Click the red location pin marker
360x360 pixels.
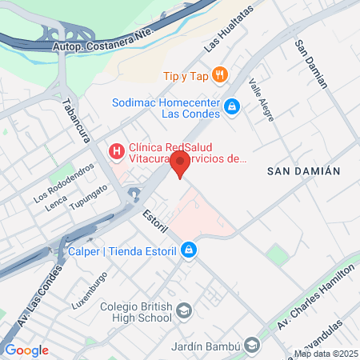pos(180,163)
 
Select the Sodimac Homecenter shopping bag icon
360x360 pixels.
pos(232,106)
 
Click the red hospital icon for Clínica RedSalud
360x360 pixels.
pos(116,150)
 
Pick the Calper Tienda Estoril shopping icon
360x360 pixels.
pos(188,250)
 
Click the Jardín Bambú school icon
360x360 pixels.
pos(252,346)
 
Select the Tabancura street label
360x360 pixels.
pos(75,120)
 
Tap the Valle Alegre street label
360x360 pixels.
pos(261,100)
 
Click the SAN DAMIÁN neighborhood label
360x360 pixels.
pos(304,171)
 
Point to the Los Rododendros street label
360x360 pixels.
pos(64,182)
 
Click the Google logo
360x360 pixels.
pos(26,350)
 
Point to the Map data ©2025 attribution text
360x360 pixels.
pos(325,354)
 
